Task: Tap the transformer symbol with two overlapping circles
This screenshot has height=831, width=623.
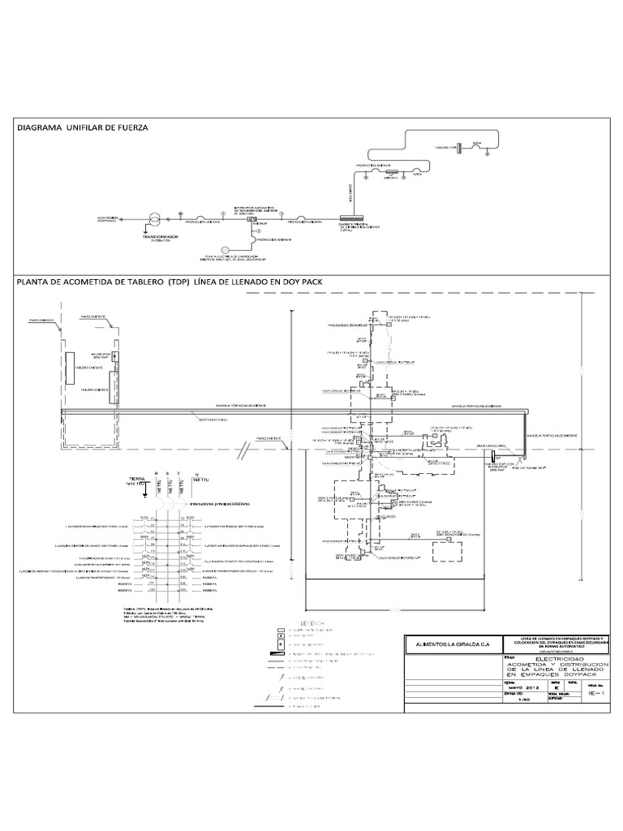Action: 151,220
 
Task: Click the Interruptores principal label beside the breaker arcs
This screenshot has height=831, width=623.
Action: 219,503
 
